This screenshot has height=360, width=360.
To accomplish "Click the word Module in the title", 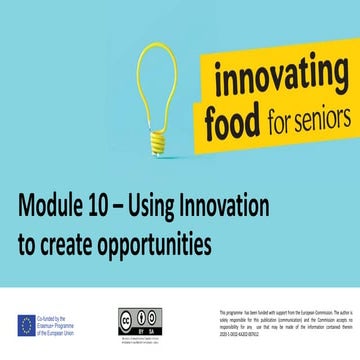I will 52,208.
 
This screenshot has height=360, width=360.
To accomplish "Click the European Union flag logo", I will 26,324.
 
